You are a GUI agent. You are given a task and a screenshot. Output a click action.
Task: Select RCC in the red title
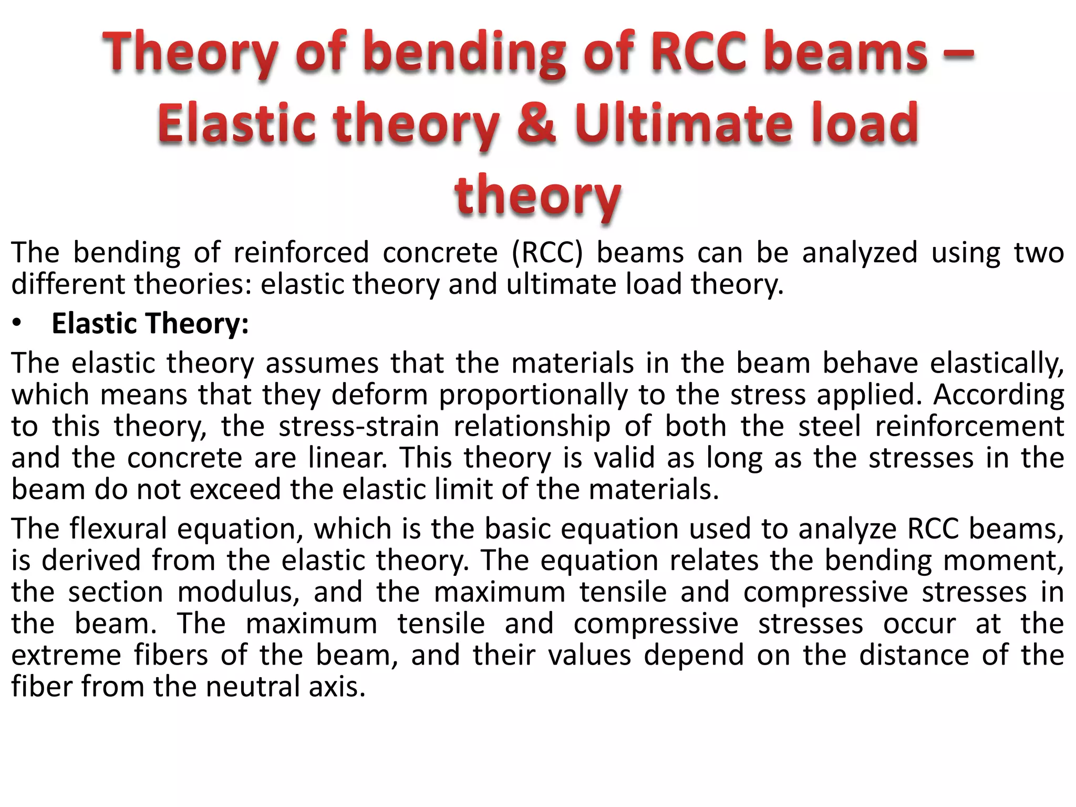(698, 53)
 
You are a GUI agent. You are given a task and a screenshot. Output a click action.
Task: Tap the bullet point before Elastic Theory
(17, 324)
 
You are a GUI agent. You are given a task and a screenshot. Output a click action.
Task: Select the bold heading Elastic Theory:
(150, 324)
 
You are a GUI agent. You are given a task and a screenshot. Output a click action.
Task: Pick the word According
(998, 395)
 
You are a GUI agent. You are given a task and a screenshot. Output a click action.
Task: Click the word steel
(830, 426)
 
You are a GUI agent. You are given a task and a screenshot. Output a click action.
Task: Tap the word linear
(347, 458)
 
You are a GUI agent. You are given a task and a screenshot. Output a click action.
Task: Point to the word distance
(914, 656)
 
